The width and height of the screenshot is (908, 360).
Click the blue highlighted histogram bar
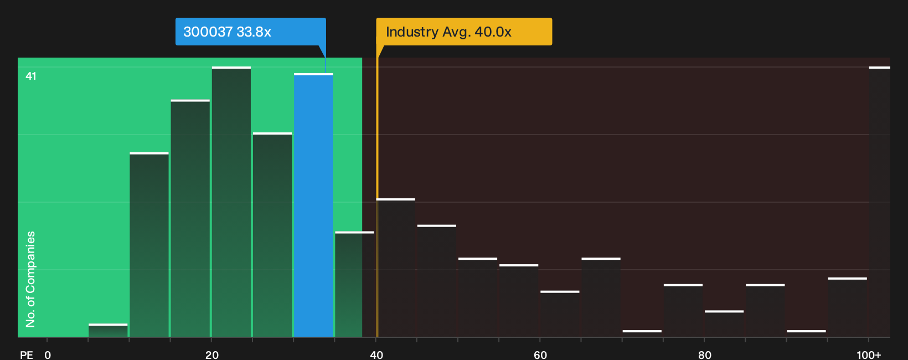pos(313,205)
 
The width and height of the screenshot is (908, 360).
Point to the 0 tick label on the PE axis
pos(48,355)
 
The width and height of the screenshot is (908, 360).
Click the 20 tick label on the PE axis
pos(211,355)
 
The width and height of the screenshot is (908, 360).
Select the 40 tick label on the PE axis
pos(376,355)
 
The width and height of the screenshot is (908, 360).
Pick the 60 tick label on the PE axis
pos(540,355)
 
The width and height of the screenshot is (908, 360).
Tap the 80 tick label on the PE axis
pos(704,355)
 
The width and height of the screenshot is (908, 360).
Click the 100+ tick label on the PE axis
pos(869,355)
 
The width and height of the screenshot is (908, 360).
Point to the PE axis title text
pos(27,355)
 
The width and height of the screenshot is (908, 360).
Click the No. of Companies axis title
pos(30,279)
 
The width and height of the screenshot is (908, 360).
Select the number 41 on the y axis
pos(31,76)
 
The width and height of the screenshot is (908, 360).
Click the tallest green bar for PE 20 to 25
pos(231,202)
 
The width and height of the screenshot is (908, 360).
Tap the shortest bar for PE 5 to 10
pos(108,331)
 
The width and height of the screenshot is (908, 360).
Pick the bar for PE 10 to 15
pos(149,245)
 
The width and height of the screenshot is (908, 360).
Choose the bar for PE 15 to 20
pos(190,219)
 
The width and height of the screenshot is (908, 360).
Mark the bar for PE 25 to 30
pos(272,235)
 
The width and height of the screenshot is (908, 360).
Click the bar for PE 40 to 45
pos(396,268)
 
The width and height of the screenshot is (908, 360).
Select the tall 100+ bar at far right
pos(880,202)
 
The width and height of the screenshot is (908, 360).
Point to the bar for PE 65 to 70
pos(601,297)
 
